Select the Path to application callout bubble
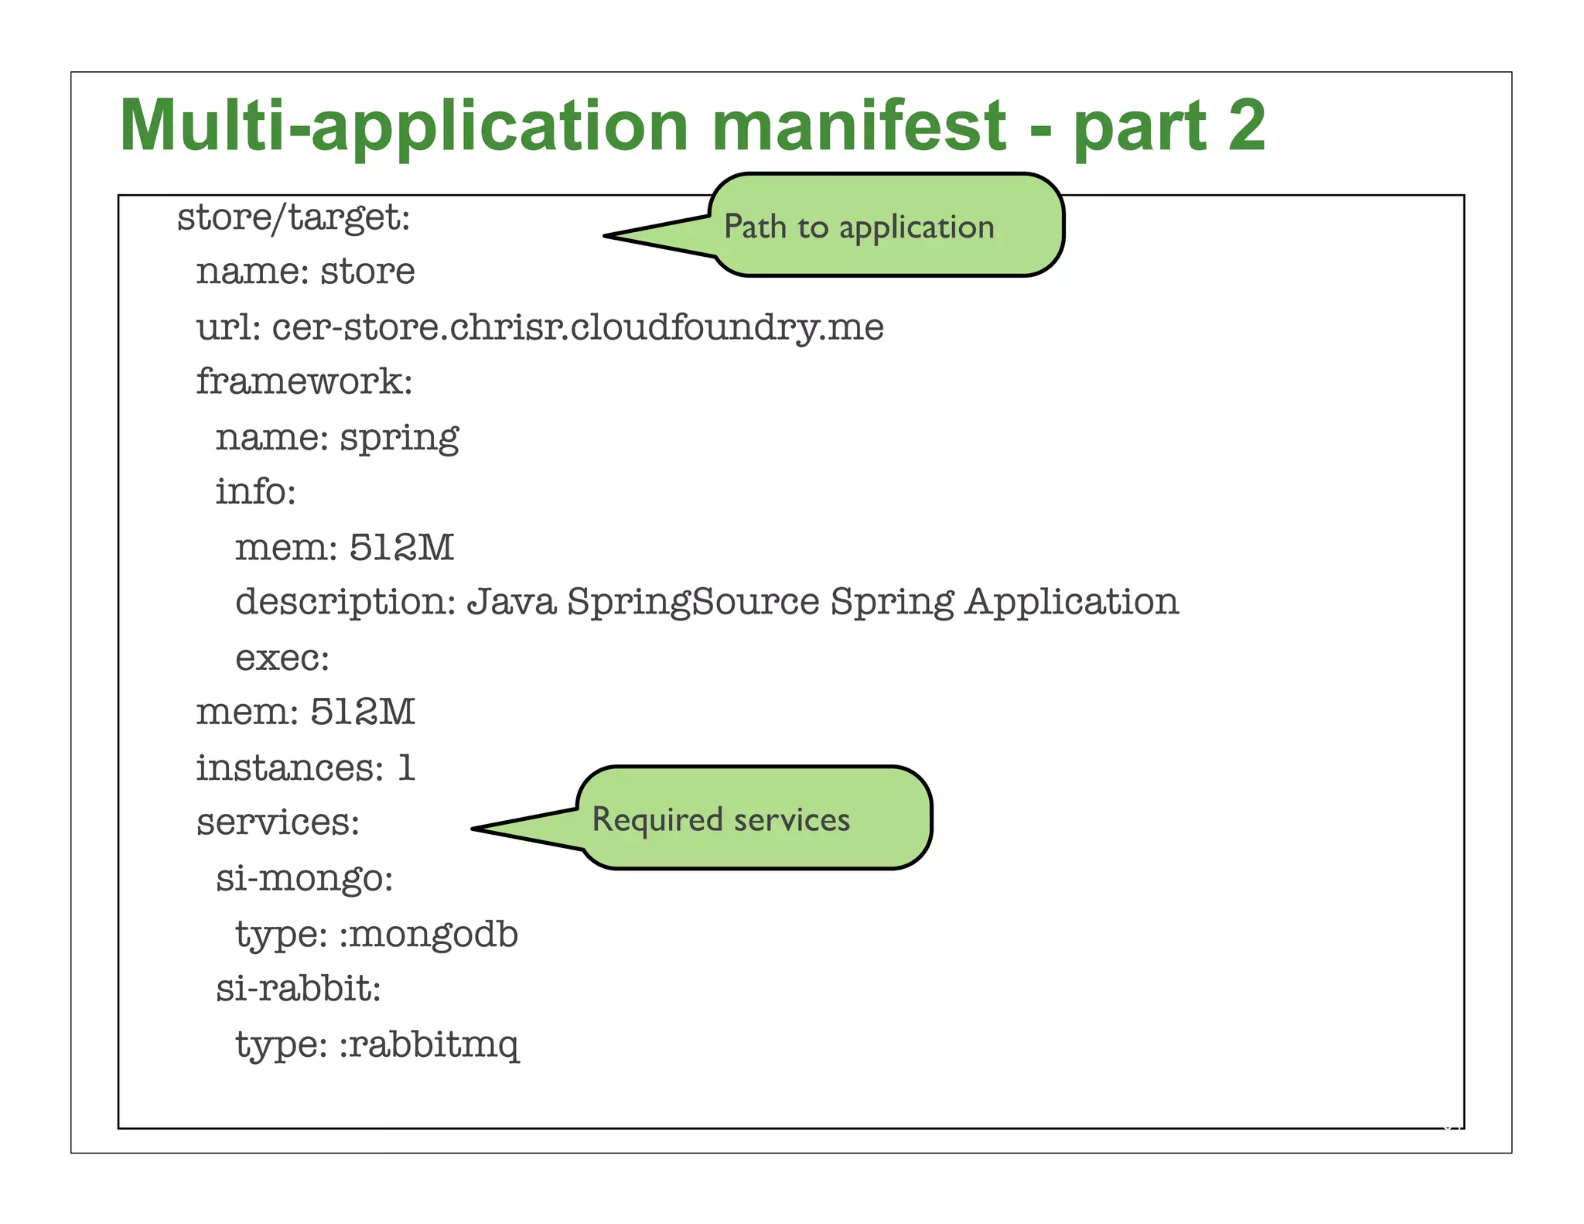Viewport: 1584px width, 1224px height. (x=886, y=226)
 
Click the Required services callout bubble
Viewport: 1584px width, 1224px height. (x=754, y=819)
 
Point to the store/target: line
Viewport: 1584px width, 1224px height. (x=294, y=217)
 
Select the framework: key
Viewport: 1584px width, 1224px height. (x=304, y=381)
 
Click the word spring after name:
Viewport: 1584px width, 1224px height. (x=399, y=439)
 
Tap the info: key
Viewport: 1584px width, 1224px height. (x=255, y=492)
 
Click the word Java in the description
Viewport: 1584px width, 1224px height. (x=511, y=602)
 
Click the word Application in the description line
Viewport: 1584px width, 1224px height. (x=1071, y=602)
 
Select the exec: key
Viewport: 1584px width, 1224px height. (x=282, y=658)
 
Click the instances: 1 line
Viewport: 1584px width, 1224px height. (x=306, y=768)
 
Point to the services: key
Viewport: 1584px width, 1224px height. (x=278, y=822)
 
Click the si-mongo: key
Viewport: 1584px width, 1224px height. (x=304, y=879)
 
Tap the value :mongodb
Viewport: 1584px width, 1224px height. (x=428, y=935)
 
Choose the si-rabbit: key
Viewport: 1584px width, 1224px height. (x=298, y=989)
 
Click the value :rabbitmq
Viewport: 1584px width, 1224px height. (x=429, y=1045)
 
